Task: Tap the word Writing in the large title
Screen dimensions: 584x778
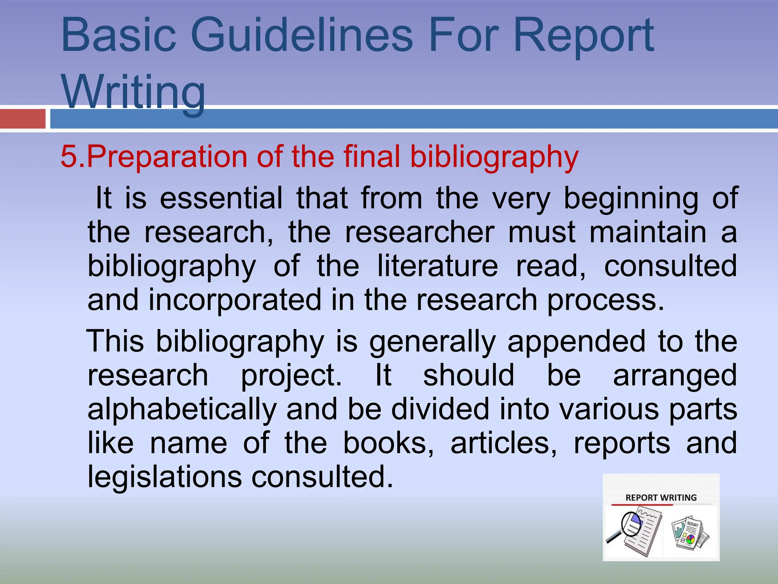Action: click(x=133, y=92)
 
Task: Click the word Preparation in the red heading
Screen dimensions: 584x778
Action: click(x=167, y=156)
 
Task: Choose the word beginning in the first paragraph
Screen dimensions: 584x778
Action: click(x=631, y=198)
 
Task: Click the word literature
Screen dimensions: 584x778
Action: click(x=437, y=266)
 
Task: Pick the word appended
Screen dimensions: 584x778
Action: click(x=576, y=341)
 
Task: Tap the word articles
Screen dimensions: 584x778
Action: click(x=503, y=443)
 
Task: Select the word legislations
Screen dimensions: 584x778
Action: click(x=164, y=477)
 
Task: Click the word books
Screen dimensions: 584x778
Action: click(x=388, y=443)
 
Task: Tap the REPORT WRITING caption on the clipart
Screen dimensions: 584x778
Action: click(x=661, y=497)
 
